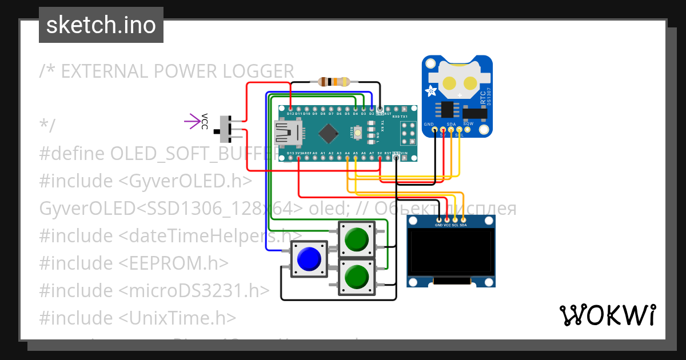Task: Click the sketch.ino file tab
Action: click(101, 25)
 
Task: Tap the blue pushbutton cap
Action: click(308, 259)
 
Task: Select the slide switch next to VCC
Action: click(225, 129)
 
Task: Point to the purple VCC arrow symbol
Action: click(190, 121)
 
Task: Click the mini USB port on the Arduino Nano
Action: click(288, 134)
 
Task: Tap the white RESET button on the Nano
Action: click(358, 133)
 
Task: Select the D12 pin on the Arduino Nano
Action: click(291, 108)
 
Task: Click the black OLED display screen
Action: click(450, 251)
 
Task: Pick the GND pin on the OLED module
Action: click(438, 220)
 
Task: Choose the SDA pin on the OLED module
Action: click(463, 220)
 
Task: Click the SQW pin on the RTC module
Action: click(468, 130)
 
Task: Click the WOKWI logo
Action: click(607, 315)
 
